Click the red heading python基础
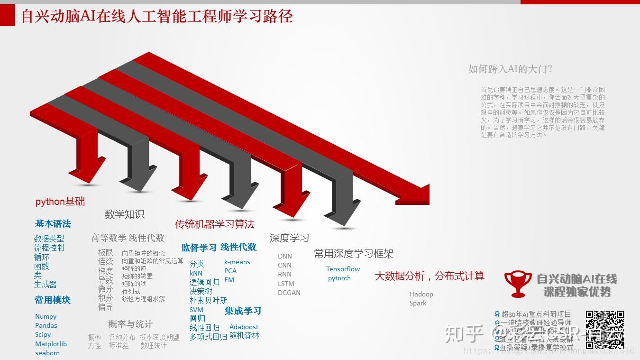pos(60,202)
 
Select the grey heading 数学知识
pos(124,214)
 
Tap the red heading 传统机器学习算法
pos(215,224)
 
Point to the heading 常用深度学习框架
pos(354,254)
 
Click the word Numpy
pos(46,316)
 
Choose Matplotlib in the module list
pos(51,344)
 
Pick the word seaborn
pos(47,353)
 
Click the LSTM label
pos(286,284)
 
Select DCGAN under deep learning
pos(289,293)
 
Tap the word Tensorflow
pos(343,269)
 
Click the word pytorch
pos(339,278)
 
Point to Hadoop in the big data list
pos(421,294)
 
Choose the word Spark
pos(418,303)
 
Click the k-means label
pos(237,262)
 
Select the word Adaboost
pos(244,327)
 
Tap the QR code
pos(605,329)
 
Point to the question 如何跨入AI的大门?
pos(510,69)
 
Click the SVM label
pos(196,310)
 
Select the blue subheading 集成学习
pos(243,311)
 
